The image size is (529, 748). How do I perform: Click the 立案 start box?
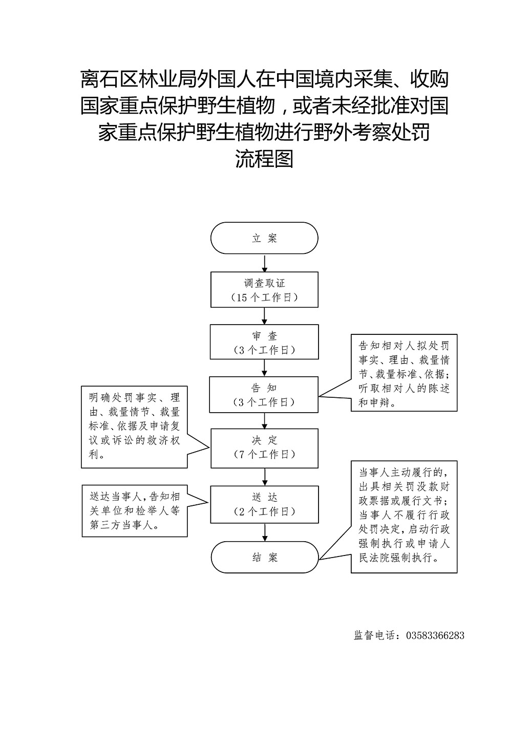coord(264,238)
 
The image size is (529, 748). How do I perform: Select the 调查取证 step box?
coord(264,290)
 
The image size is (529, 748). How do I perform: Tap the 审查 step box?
coord(264,343)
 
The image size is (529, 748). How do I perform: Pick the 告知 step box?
coord(264,395)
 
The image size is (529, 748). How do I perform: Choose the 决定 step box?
coord(264,447)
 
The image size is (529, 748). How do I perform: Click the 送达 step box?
coord(264,504)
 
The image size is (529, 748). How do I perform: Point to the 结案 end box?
coord(264,557)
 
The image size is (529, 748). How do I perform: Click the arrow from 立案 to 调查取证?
coord(264,263)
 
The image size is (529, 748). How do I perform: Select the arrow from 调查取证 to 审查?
coord(264,316)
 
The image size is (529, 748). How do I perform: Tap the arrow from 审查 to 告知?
coord(264,368)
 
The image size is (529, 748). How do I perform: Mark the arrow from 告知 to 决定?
coord(264,420)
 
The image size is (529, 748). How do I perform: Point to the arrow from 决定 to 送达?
coord(264,477)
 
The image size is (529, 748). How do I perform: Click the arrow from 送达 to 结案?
coord(264,532)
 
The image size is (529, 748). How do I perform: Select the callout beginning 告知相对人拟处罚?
coord(404,373)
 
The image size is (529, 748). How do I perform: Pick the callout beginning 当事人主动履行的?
coord(404,517)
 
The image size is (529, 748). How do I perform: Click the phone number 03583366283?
coord(435,635)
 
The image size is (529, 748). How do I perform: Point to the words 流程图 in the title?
coord(264,159)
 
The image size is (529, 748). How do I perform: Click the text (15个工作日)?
coord(264,297)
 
